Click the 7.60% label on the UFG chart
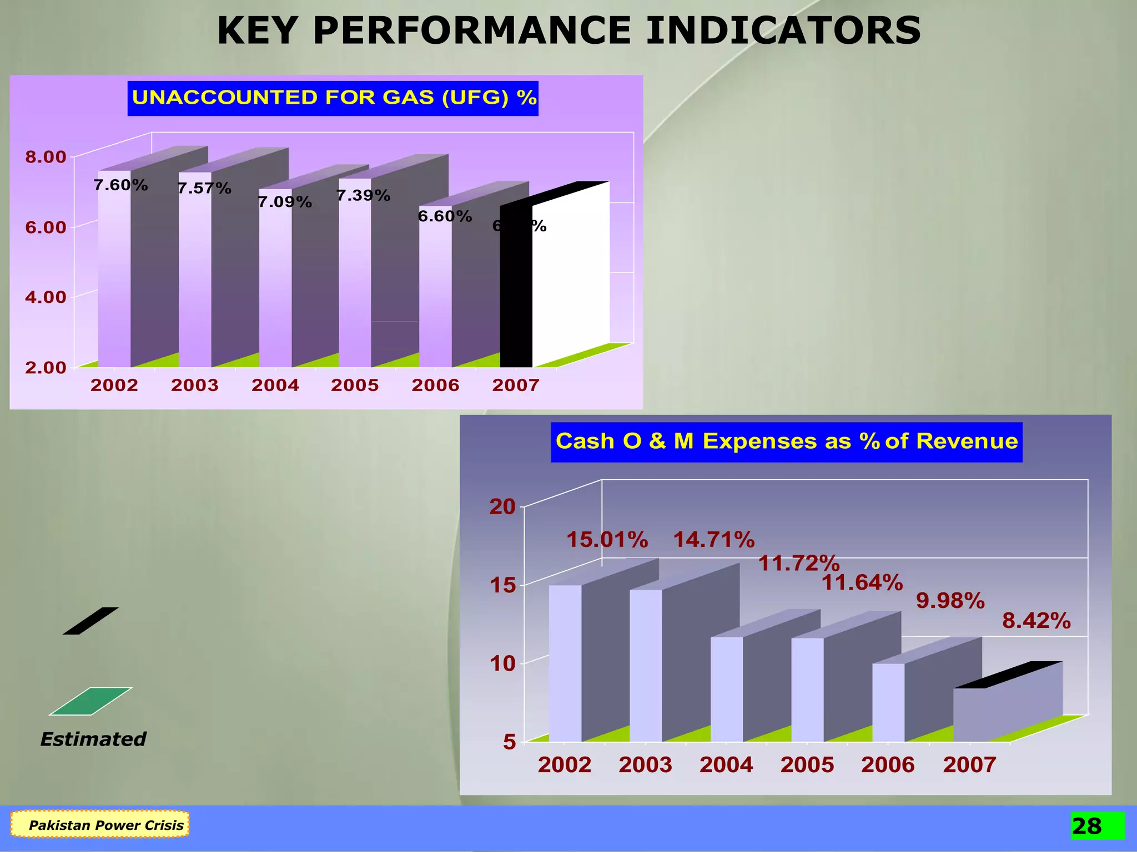pos(120,185)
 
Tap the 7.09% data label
pos(285,202)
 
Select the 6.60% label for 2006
pos(445,216)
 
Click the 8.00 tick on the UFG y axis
pos(46,157)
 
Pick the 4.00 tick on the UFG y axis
pos(46,297)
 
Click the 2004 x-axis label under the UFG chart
pos(275,386)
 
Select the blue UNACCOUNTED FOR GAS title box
pos(333,98)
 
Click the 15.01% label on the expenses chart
pos(607,540)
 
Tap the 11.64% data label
pos(862,583)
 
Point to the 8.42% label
pos(1036,621)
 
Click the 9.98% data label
pos(950,601)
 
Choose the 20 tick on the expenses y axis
pos(502,507)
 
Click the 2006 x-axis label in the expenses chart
pos(887,765)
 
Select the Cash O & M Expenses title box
pos(786,442)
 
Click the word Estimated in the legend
pos(93,739)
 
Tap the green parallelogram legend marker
pos(90,701)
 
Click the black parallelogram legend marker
pos(90,621)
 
